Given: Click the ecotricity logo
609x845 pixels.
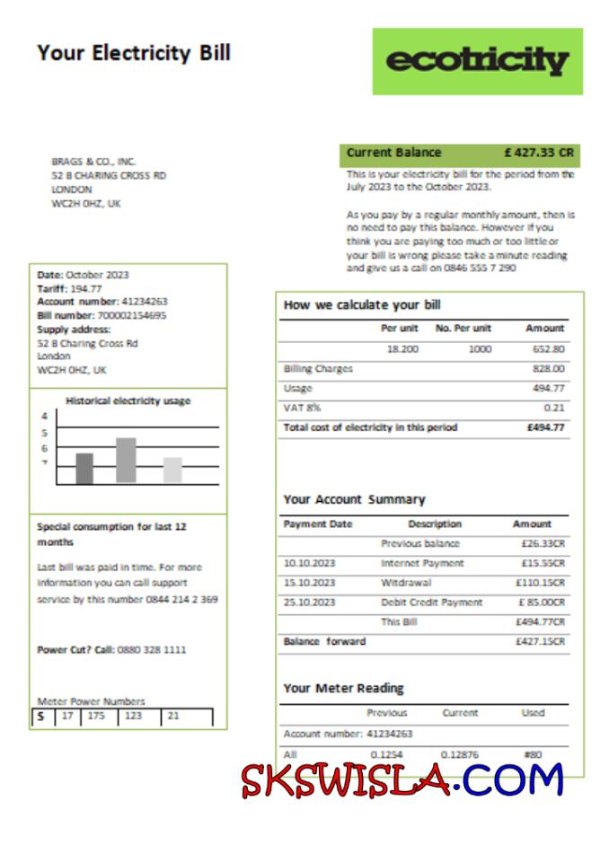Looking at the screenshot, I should [x=477, y=61].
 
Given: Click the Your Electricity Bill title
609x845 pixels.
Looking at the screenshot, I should [x=134, y=53].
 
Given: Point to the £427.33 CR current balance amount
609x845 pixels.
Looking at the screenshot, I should [x=539, y=153].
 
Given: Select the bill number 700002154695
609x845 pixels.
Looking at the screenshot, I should [x=127, y=316].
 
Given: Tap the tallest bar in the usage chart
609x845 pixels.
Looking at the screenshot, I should [x=126, y=461].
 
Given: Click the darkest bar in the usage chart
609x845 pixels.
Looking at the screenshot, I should [x=84, y=469].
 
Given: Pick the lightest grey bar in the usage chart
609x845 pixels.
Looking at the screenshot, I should [x=172, y=471].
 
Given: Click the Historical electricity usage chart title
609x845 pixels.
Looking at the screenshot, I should [x=128, y=401].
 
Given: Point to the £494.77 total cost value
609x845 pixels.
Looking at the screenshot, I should [x=545, y=427].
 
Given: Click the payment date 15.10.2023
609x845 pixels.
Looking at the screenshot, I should [x=309, y=583].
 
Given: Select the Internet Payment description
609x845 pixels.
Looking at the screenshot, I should [x=422, y=563].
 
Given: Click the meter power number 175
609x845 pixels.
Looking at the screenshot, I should [x=96, y=717].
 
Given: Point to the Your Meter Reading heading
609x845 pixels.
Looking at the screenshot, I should [x=343, y=688].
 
